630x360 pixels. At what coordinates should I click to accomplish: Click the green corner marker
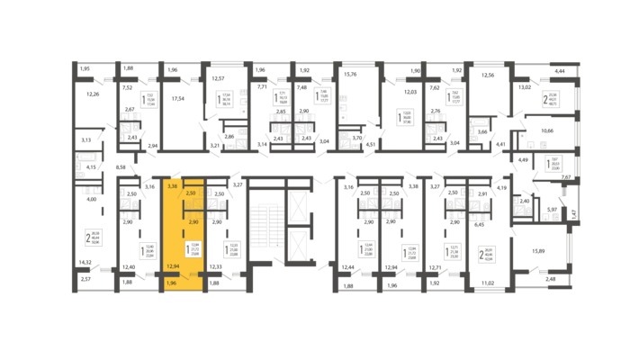point(234,184)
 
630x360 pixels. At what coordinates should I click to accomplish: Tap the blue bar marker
point(566,111)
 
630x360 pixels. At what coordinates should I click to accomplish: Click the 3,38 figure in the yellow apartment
point(172,185)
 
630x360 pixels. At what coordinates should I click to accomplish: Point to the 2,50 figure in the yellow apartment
point(190,193)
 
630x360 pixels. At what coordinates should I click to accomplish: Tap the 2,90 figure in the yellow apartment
point(193,221)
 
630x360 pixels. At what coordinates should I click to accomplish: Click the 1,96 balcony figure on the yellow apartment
point(171,283)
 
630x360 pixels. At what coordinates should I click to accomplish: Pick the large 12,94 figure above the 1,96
point(173,267)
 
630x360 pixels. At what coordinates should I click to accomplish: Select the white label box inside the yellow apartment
point(193,249)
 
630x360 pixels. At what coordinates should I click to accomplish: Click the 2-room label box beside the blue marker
point(550,99)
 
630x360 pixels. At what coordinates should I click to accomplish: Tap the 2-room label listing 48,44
point(94,238)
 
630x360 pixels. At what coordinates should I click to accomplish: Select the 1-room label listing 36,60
point(405,117)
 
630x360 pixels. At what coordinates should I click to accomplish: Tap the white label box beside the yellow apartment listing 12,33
point(232,249)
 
